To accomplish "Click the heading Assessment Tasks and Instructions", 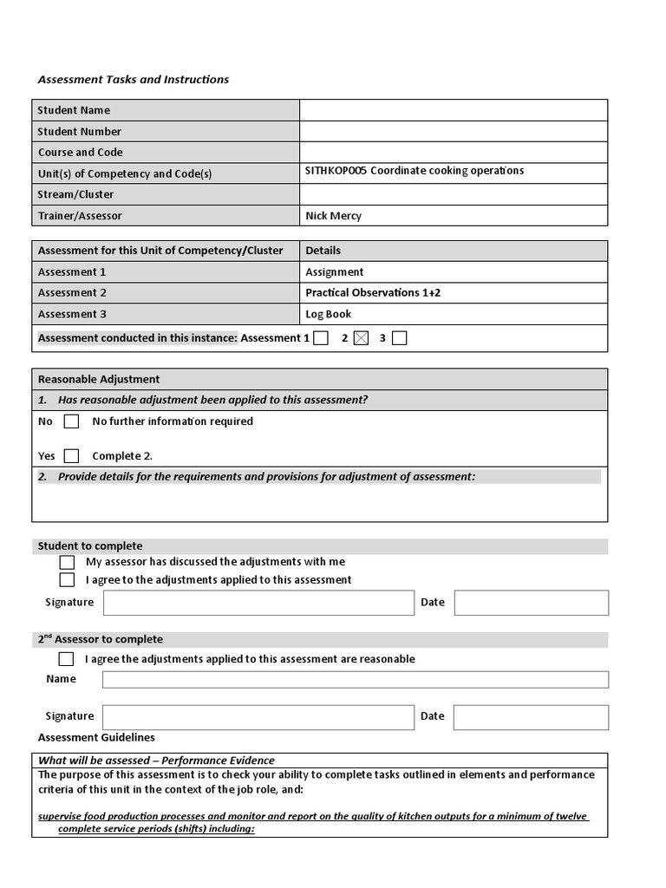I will pyautogui.click(x=134, y=79).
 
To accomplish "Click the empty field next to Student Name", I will pyautogui.click(x=453, y=110).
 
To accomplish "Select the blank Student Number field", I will pyautogui.click(x=453, y=132).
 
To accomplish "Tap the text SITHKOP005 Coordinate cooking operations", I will pyautogui.click(x=415, y=171).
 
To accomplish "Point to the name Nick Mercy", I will pyautogui.click(x=333, y=216).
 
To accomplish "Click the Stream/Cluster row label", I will pyautogui.click(x=76, y=194).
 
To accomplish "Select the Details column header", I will pyautogui.click(x=323, y=251).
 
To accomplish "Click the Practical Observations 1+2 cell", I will pyautogui.click(x=373, y=293).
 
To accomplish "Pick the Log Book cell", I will pyautogui.click(x=329, y=314).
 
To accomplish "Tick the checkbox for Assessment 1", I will pyautogui.click(x=321, y=338).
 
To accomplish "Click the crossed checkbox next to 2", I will pyautogui.click(x=362, y=338).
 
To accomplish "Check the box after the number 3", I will pyautogui.click(x=399, y=338).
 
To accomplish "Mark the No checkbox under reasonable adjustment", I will pyautogui.click(x=72, y=421).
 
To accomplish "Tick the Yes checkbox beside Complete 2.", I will pyautogui.click(x=72, y=456).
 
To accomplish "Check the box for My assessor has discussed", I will pyautogui.click(x=67, y=562).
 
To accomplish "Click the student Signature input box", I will pyautogui.click(x=258, y=603).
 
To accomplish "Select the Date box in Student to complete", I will pyautogui.click(x=531, y=603).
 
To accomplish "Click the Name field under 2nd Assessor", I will pyautogui.click(x=356, y=679).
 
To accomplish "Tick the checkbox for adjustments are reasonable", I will pyautogui.click(x=67, y=659).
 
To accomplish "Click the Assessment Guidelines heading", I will pyautogui.click(x=97, y=737).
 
